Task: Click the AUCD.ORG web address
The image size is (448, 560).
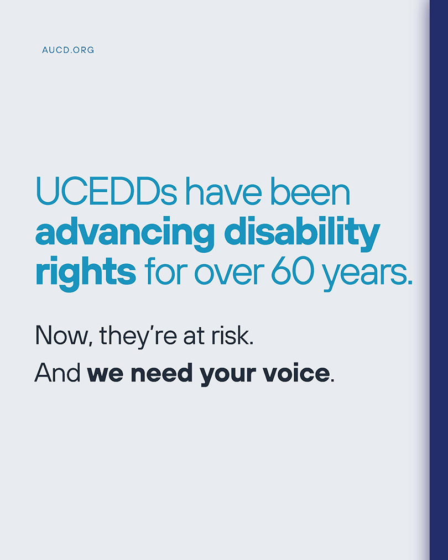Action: [x=68, y=50]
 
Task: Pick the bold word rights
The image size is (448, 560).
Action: [x=85, y=273]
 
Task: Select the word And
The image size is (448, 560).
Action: [x=58, y=374]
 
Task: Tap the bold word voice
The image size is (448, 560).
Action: [x=300, y=374]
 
